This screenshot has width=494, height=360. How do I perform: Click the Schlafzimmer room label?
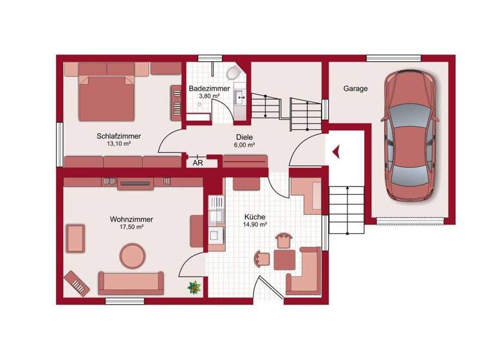[118, 136]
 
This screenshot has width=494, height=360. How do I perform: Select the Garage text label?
[355, 89]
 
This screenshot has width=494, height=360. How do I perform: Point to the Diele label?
[244, 137]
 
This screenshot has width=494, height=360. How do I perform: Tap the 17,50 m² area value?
[131, 227]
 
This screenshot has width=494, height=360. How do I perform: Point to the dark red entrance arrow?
[336, 152]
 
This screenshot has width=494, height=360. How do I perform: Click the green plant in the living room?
[194, 287]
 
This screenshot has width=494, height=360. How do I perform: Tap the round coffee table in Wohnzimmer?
[134, 255]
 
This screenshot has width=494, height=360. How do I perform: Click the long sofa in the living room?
[131, 282]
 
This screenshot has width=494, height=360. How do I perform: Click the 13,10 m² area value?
[118, 144]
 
